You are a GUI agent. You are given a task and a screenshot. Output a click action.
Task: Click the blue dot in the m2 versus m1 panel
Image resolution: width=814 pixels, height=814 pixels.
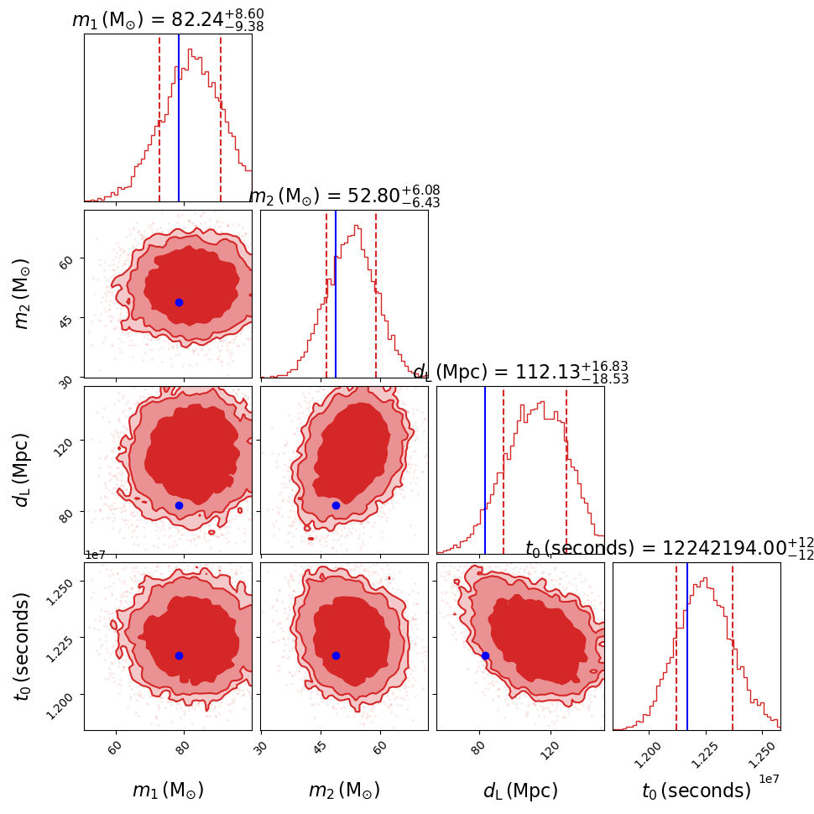coord(179,302)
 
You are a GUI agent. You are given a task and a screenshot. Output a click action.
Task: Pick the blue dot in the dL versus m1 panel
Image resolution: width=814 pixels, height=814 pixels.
coord(179,505)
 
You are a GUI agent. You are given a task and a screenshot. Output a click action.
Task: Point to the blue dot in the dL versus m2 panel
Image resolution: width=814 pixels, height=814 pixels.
coord(336,505)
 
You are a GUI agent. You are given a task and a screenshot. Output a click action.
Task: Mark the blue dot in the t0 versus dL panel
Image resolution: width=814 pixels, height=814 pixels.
coord(485,655)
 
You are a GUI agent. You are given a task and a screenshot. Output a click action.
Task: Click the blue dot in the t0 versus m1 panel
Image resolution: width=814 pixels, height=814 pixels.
coord(179,655)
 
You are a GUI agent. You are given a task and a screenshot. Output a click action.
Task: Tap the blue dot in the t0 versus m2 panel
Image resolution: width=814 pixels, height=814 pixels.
coord(336,655)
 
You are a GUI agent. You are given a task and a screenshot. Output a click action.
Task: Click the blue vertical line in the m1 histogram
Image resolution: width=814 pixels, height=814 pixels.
coord(179,117)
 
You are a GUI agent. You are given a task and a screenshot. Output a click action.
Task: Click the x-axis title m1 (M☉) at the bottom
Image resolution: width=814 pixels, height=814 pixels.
coord(168,791)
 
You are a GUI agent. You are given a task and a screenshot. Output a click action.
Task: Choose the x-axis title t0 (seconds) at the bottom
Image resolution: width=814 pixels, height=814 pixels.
coord(697,791)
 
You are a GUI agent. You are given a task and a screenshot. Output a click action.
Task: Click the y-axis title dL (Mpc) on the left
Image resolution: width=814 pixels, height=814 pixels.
coord(23,470)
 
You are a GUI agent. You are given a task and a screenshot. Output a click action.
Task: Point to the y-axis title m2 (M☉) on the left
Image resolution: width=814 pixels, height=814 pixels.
coord(23,294)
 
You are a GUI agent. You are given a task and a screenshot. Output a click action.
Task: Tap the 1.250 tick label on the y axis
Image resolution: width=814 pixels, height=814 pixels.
coord(64,582)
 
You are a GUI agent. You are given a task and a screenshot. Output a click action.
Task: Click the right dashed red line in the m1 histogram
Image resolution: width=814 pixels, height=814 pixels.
coord(221,117)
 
